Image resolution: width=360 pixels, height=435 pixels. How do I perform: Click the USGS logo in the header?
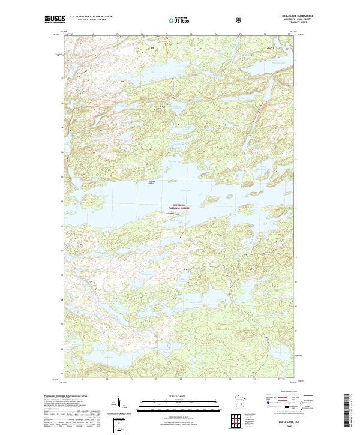coord(55,20)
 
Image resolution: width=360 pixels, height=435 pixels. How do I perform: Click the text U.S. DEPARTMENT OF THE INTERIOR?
coord(89,18)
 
